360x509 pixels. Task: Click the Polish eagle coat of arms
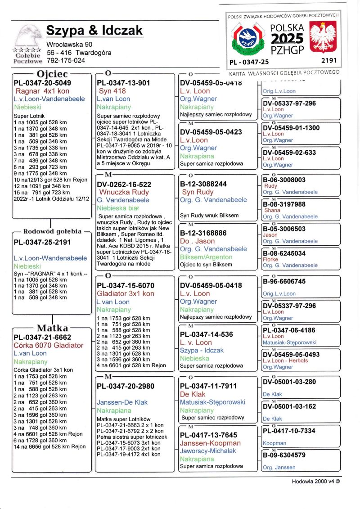coord(324,38)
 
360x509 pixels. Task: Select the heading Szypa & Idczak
coord(94,31)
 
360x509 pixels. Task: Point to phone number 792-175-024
coord(66,60)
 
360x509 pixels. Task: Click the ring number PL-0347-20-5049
coord(42,83)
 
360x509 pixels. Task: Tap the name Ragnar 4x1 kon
coord(42,91)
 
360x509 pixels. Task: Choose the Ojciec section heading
coord(52,74)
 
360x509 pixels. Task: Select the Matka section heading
coord(52,327)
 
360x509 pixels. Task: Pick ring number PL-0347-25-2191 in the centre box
coord(42,242)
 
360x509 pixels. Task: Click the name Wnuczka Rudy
coord(124,192)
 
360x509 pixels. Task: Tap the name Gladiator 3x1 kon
coord(126,293)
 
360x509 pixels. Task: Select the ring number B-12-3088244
coord(203,184)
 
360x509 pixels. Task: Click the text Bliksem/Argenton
coord(206,257)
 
